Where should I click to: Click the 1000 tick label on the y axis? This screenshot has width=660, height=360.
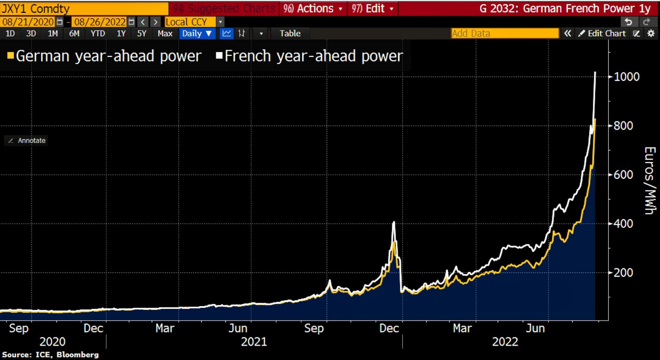pyautogui.click(x=626, y=77)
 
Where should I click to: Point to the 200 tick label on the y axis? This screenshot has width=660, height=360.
pyautogui.click(x=624, y=272)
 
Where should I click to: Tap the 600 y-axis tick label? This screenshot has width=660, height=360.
pyautogui.click(x=624, y=175)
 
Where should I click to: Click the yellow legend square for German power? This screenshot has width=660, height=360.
pyautogui.click(x=11, y=56)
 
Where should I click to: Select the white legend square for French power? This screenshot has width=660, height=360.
pyautogui.click(x=219, y=56)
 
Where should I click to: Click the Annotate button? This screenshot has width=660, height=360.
pyautogui.click(x=27, y=141)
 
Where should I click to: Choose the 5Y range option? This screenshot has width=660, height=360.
pyautogui.click(x=141, y=33)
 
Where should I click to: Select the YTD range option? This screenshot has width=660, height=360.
pyautogui.click(x=98, y=33)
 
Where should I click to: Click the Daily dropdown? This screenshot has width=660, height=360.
pyautogui.click(x=197, y=33)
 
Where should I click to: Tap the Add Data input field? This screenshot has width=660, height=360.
pyautogui.click(x=505, y=33)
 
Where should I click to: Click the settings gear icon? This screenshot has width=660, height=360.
pyautogui.click(x=651, y=33)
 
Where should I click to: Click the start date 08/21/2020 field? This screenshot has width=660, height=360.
pyautogui.click(x=28, y=22)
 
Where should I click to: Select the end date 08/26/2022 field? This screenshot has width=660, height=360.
pyautogui.click(x=100, y=22)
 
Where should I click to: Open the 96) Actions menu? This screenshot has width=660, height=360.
pyautogui.click(x=313, y=8)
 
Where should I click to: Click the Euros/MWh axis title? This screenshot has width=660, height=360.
pyautogui.click(x=649, y=180)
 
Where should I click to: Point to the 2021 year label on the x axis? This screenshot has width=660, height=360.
pyautogui.click(x=254, y=342)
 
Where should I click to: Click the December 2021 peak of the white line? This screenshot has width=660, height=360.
pyautogui.click(x=394, y=222)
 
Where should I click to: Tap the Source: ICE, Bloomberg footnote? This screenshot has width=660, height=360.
pyautogui.click(x=50, y=355)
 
